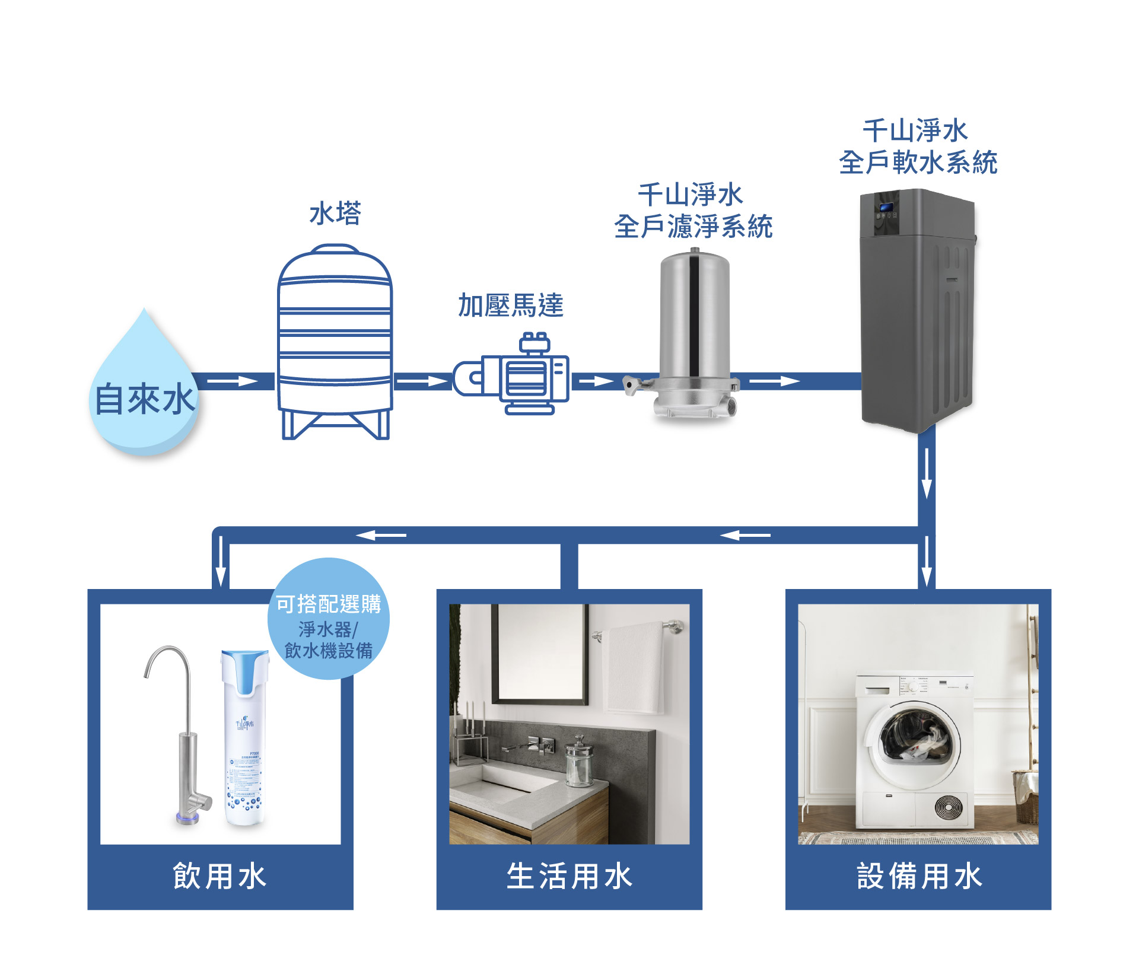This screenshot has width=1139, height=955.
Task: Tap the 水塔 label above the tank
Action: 335,213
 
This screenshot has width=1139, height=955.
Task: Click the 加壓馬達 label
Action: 510,305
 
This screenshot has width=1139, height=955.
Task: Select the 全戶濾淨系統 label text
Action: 693,227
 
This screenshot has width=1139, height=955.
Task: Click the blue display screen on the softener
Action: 886,208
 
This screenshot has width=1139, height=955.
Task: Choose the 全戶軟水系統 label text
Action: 918,163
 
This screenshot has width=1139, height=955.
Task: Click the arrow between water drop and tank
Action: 233,381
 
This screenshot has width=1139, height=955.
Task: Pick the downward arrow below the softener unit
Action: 926,475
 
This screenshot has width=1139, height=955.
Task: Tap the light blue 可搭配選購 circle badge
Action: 329,619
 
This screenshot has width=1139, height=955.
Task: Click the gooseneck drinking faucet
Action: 181,736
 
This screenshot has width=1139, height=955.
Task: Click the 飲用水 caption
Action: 220,876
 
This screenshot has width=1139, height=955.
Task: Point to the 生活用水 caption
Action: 569,876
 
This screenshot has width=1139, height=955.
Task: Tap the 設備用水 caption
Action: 918,876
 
